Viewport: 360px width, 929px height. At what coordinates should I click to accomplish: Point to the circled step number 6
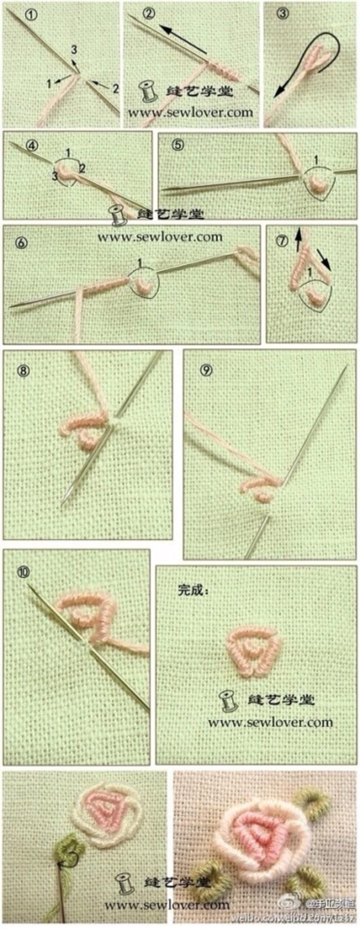(x=21, y=243)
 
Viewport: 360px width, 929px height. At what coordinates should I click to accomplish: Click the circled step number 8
(x=23, y=371)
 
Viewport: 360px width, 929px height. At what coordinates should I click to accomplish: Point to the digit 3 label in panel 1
(x=73, y=50)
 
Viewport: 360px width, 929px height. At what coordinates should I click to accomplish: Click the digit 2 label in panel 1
(x=115, y=89)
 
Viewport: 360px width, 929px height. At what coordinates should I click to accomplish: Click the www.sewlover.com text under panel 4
(x=160, y=237)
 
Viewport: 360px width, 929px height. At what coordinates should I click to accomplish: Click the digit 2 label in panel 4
(x=82, y=168)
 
